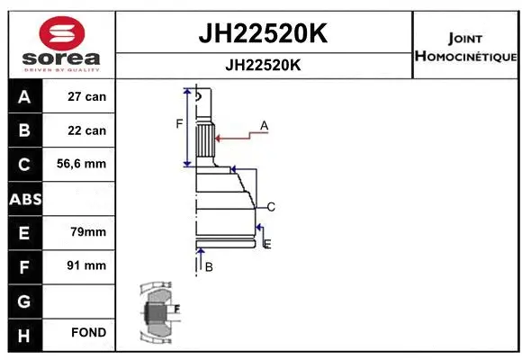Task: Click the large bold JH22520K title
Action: coord(262,34)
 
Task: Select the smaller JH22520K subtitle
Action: coord(262,66)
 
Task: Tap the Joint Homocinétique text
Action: coord(464,48)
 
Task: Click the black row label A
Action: coord(23,96)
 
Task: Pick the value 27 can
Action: coord(87,96)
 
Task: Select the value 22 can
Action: coord(87,130)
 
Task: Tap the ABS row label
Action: coord(23,198)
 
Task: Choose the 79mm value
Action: coord(87,232)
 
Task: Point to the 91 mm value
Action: coord(87,265)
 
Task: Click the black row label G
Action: coord(23,300)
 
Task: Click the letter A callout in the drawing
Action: coord(265,124)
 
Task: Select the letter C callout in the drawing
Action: coord(270,207)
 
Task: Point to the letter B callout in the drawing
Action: coord(208,267)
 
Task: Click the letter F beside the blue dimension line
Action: coord(178,123)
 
